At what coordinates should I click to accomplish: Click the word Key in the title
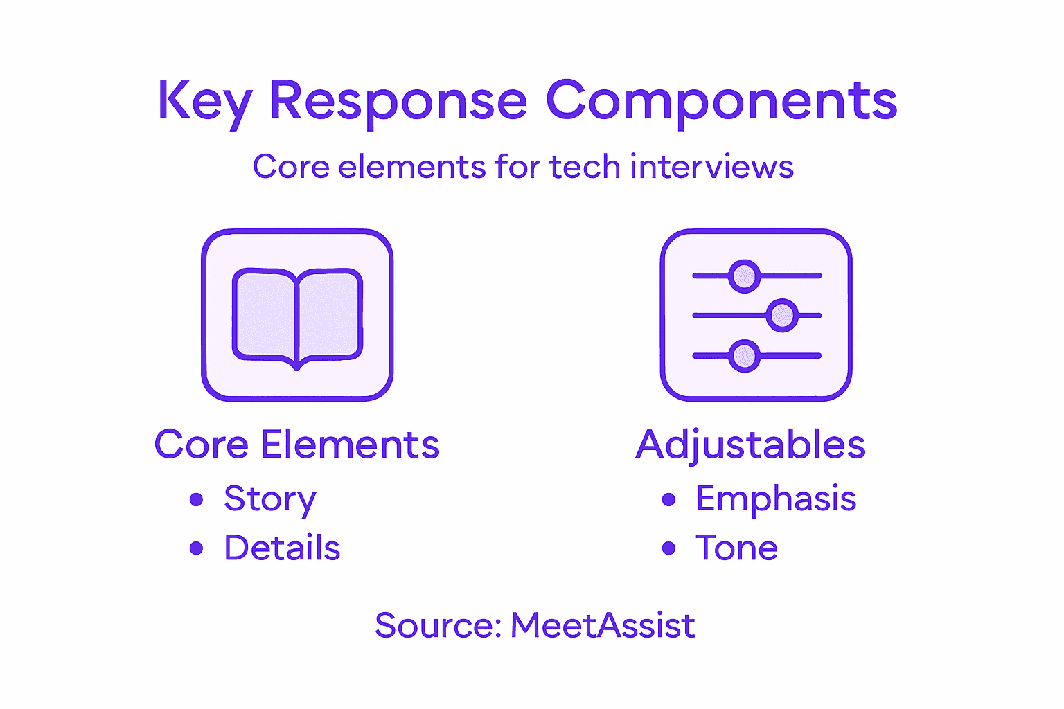[x=204, y=101]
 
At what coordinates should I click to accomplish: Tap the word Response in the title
[x=398, y=101]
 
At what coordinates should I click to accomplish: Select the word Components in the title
[x=722, y=101]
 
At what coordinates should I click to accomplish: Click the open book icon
[x=297, y=316]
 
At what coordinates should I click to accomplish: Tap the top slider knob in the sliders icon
[x=745, y=276]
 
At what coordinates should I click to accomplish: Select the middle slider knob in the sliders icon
[x=783, y=316]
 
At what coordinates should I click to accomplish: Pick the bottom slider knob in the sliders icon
[x=745, y=357]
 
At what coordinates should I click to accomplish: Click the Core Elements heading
[x=296, y=444]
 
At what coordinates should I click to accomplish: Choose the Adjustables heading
[x=750, y=445]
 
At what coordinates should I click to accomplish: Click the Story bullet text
[x=269, y=499]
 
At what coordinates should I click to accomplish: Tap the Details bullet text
[x=282, y=548]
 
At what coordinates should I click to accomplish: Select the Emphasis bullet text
[x=776, y=499]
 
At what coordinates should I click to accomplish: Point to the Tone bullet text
[x=736, y=548]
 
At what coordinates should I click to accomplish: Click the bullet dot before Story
[x=197, y=499]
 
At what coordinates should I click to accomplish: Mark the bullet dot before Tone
[x=668, y=548]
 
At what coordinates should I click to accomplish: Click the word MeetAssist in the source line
[x=602, y=625]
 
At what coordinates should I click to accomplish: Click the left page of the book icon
[x=265, y=314]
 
